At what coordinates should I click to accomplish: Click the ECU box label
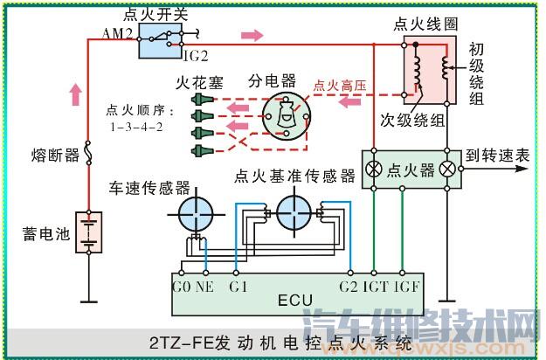tap(289, 301)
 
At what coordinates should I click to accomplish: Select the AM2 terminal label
tap(117, 33)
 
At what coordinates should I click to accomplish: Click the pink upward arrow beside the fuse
tap(76, 92)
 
